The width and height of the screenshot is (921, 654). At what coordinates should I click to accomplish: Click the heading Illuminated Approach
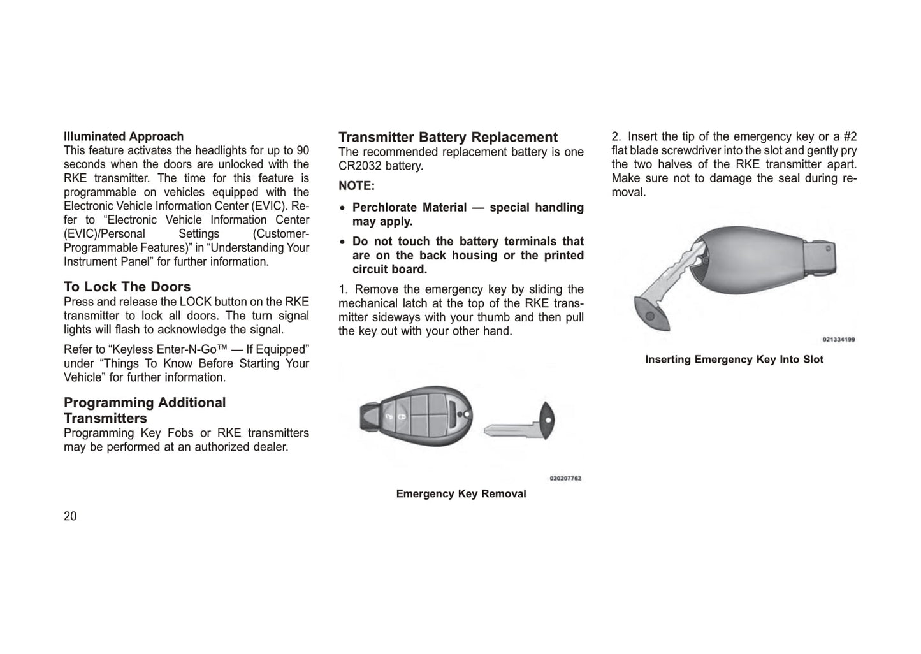124,136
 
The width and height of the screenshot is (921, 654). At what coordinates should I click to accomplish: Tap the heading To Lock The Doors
127,287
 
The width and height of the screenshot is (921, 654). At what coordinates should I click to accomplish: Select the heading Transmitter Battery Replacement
448,137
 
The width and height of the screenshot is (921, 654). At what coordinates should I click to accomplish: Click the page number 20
70,516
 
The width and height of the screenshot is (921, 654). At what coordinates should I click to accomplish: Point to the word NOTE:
357,186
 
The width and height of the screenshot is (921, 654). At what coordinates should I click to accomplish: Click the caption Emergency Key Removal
461,494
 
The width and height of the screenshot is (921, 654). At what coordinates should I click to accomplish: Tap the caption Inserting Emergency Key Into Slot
734,360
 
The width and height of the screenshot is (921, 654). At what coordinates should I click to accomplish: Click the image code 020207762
565,478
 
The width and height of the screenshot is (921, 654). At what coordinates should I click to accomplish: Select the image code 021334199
839,340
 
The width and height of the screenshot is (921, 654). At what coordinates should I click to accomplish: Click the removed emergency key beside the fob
519,423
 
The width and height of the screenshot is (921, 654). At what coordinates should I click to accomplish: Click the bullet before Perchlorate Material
344,208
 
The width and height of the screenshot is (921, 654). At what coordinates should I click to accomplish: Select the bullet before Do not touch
344,242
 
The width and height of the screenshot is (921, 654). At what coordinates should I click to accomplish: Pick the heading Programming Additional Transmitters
145,411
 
